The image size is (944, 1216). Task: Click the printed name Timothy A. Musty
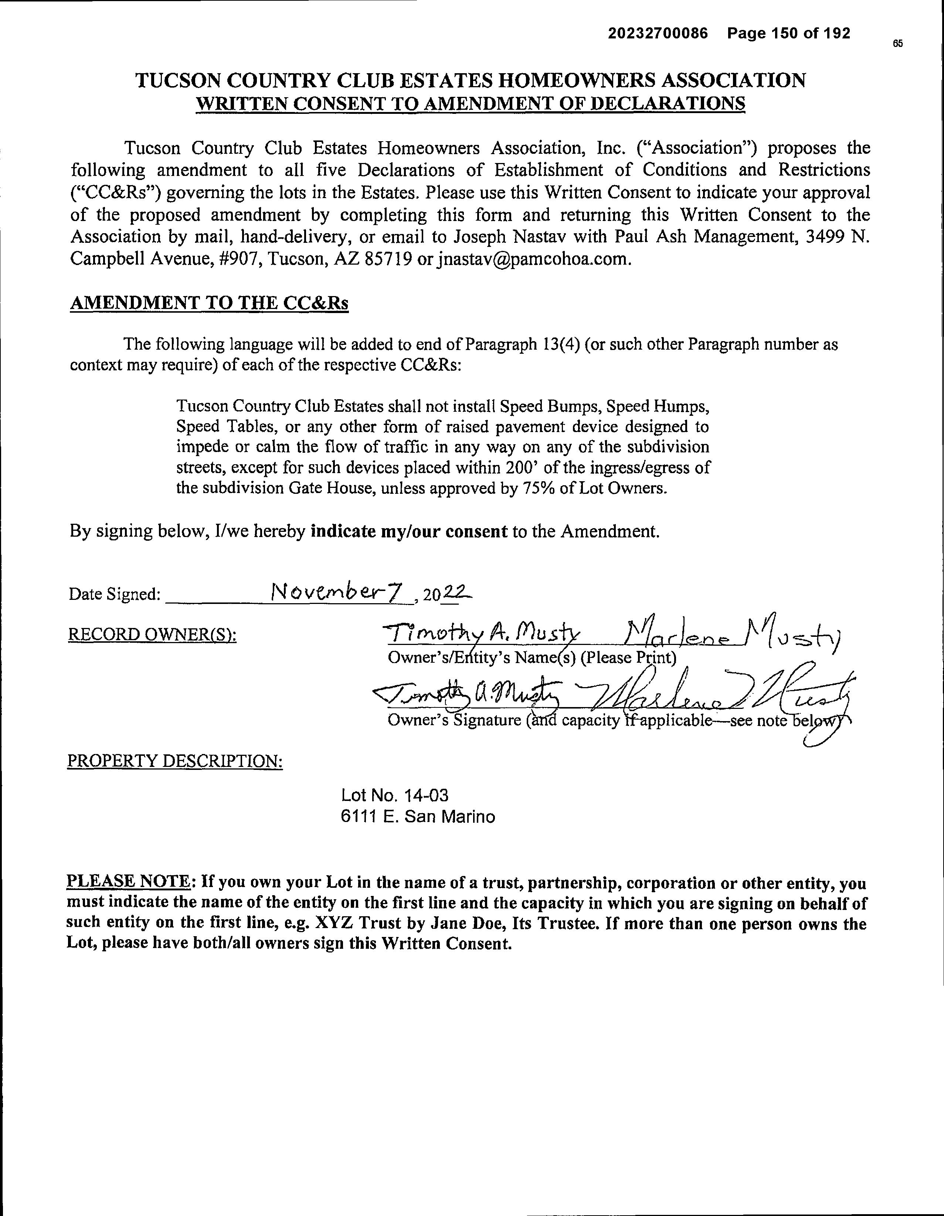click(481, 633)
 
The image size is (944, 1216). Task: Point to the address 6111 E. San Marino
click(418, 817)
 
